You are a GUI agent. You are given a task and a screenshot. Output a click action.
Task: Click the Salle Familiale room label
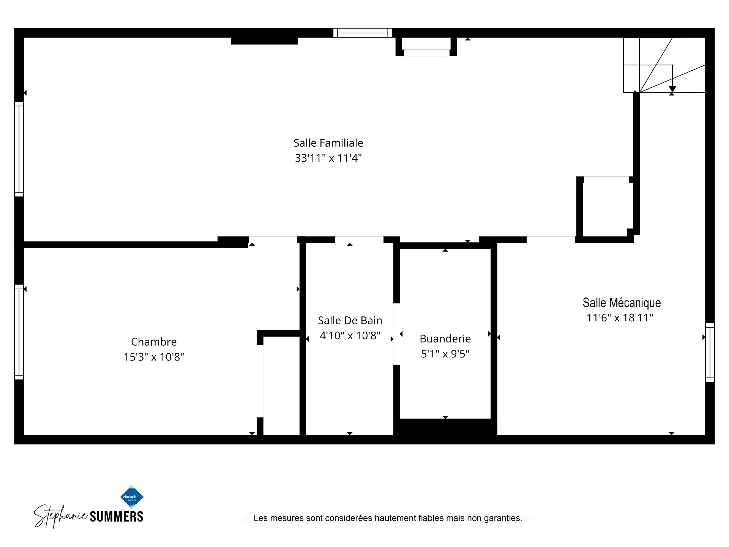click(x=328, y=143)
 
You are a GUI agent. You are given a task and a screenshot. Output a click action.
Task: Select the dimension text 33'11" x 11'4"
click(x=328, y=158)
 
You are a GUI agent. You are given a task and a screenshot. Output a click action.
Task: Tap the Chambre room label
click(x=154, y=342)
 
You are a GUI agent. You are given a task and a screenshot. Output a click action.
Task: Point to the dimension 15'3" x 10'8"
click(x=154, y=357)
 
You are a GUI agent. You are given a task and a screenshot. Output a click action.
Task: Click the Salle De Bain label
click(x=350, y=321)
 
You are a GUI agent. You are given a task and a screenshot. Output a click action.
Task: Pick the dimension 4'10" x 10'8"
click(x=350, y=336)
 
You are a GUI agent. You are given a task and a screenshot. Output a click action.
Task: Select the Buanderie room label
click(x=445, y=339)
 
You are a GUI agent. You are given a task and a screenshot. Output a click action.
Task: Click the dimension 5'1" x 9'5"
click(x=445, y=354)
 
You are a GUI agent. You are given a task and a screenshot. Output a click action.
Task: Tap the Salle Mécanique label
click(x=622, y=303)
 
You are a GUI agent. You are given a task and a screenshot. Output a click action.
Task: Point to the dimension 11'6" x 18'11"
click(x=620, y=318)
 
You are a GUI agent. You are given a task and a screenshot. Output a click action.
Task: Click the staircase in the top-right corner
click(x=664, y=65)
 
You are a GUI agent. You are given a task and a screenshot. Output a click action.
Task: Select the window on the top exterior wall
click(x=363, y=33)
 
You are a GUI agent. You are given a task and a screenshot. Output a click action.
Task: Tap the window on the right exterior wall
click(x=710, y=353)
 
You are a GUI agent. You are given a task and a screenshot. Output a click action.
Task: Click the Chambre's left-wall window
click(x=19, y=332)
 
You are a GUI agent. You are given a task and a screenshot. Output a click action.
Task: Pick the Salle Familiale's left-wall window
click(x=19, y=149)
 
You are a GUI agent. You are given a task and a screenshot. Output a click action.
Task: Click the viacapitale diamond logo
click(x=132, y=497)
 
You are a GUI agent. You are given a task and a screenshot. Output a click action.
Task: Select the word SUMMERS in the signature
click(x=117, y=517)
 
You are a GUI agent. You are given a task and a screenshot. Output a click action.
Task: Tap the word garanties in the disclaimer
click(x=503, y=518)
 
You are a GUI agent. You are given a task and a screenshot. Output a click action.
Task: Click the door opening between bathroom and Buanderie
click(x=396, y=334)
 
